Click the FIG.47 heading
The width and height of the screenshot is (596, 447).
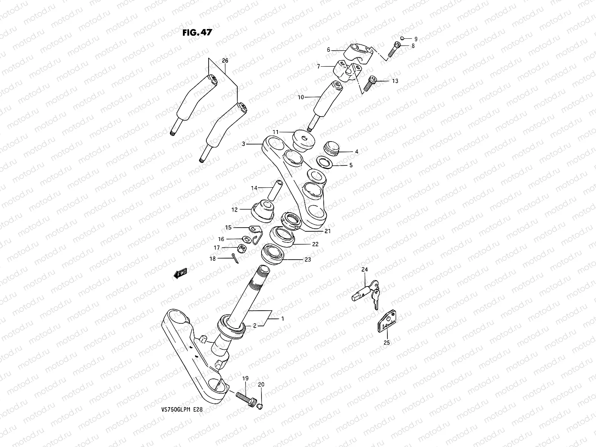[x=197, y=32]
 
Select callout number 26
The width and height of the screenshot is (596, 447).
[x=225, y=60]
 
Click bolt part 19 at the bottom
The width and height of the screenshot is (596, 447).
[x=246, y=399]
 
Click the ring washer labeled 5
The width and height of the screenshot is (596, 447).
[x=325, y=163]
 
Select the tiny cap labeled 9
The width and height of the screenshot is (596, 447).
[x=402, y=38]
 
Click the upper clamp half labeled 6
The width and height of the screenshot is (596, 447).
[x=359, y=50]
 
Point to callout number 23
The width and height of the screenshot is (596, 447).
[x=307, y=260]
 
